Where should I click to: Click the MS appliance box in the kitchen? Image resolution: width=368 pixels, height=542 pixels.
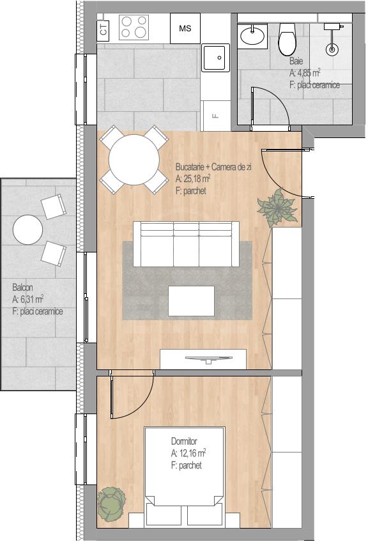[x=185, y=28]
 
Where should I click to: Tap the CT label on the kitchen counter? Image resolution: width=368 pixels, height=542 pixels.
[x=103, y=28]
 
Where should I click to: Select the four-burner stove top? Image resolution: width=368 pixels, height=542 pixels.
[x=134, y=27]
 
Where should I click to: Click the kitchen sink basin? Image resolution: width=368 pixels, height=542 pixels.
[x=215, y=58]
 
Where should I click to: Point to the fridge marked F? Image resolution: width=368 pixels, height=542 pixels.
[x=215, y=116]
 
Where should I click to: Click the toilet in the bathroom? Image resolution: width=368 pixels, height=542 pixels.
[x=287, y=40]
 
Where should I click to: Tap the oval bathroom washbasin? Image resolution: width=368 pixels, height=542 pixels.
[x=252, y=35]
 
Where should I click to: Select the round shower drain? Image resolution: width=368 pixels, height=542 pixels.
[x=332, y=49]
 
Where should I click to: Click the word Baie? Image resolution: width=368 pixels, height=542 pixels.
[x=296, y=61]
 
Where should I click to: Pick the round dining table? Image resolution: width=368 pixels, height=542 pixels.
[x=134, y=160]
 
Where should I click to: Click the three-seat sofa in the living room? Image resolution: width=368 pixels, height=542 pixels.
[x=187, y=244]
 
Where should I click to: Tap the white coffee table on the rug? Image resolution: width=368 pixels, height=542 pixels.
[x=192, y=301]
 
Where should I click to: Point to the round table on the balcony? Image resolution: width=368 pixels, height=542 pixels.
[x=27, y=229]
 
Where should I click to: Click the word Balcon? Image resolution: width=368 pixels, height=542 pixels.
[x=23, y=287]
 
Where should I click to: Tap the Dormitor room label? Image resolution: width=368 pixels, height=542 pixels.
[x=184, y=442]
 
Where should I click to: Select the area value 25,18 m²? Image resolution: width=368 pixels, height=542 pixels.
[x=193, y=179]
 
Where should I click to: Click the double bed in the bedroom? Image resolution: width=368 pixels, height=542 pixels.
[x=185, y=477]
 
